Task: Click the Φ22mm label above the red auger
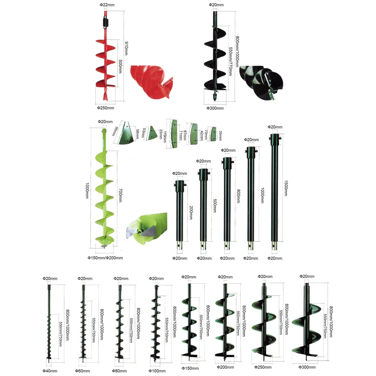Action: [107, 5]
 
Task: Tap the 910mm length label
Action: [126, 48]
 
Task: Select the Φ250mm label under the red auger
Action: [106, 108]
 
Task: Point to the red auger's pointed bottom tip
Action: [106, 100]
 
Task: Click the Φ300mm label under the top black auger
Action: [215, 108]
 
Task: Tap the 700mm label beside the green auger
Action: [121, 195]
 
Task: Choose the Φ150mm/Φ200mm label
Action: [105, 258]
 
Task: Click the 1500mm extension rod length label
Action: [286, 188]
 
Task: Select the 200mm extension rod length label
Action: [191, 212]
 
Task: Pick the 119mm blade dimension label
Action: [165, 136]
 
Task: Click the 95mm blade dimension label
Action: [115, 131]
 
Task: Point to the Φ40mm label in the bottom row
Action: [50, 371]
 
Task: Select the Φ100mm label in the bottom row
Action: [157, 371]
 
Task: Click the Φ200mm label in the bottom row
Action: [225, 367]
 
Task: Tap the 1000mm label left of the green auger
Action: [87, 191]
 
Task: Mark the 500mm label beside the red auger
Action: [121, 67]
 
